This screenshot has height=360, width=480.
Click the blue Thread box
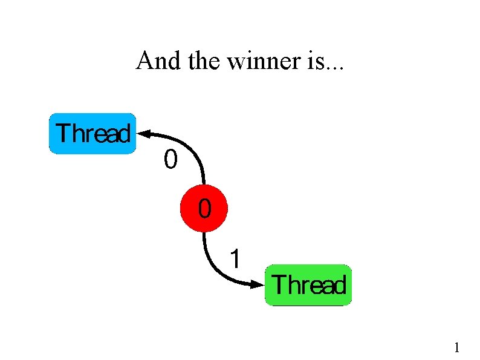(92, 133)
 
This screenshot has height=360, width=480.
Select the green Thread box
(308, 285)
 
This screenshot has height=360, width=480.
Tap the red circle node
(205, 209)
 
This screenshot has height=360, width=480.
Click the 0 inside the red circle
(205, 209)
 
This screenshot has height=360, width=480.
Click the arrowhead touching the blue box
(145, 131)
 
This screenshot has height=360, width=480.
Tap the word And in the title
(152, 61)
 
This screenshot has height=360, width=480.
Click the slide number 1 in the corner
(457, 347)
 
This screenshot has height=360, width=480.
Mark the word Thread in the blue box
(92, 133)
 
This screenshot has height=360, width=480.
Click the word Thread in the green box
(310, 285)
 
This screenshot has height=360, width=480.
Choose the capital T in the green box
(280, 284)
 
